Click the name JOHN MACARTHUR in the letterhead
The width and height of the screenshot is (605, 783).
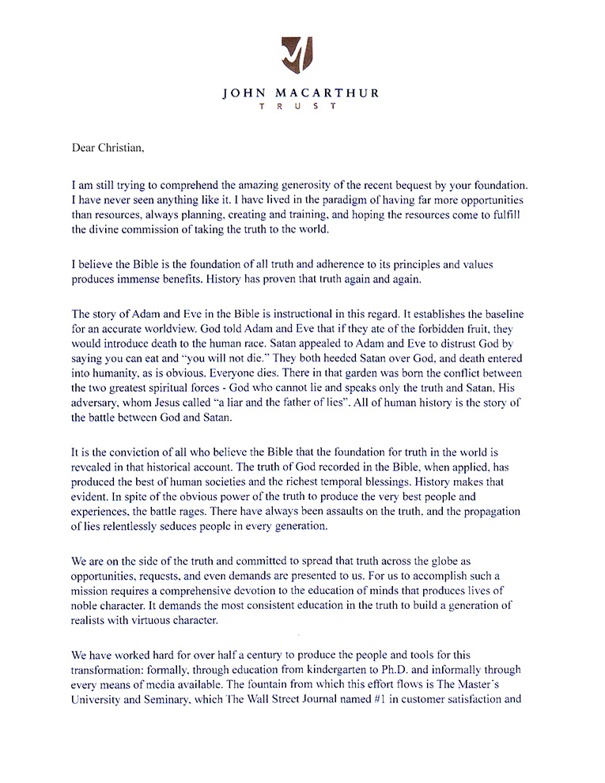pyautogui.click(x=301, y=93)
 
